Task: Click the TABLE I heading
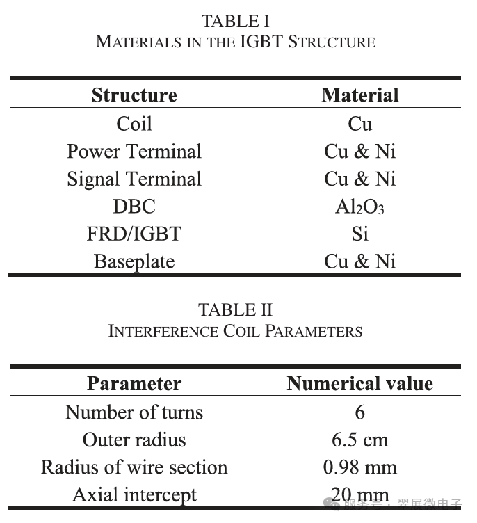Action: coord(235,21)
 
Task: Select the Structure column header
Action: coord(134,95)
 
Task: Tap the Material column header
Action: coord(359,95)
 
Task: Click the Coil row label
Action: coord(134,124)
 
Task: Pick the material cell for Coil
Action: coord(359,124)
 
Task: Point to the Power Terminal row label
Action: coord(134,152)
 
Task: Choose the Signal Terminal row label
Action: coord(134,179)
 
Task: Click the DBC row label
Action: coord(134,207)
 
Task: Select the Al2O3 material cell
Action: coord(359,207)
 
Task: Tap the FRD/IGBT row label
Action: coord(134,234)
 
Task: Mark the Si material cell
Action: coord(359,234)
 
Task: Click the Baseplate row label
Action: coord(134,262)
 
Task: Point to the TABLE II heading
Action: coord(235,309)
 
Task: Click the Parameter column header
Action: coord(134,384)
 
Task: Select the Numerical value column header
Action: coord(359,384)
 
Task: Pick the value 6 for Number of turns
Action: coord(359,412)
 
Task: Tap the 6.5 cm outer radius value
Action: coord(359,440)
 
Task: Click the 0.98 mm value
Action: coord(359,467)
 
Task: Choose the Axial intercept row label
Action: coord(134,495)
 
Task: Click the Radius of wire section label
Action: coord(134,467)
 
